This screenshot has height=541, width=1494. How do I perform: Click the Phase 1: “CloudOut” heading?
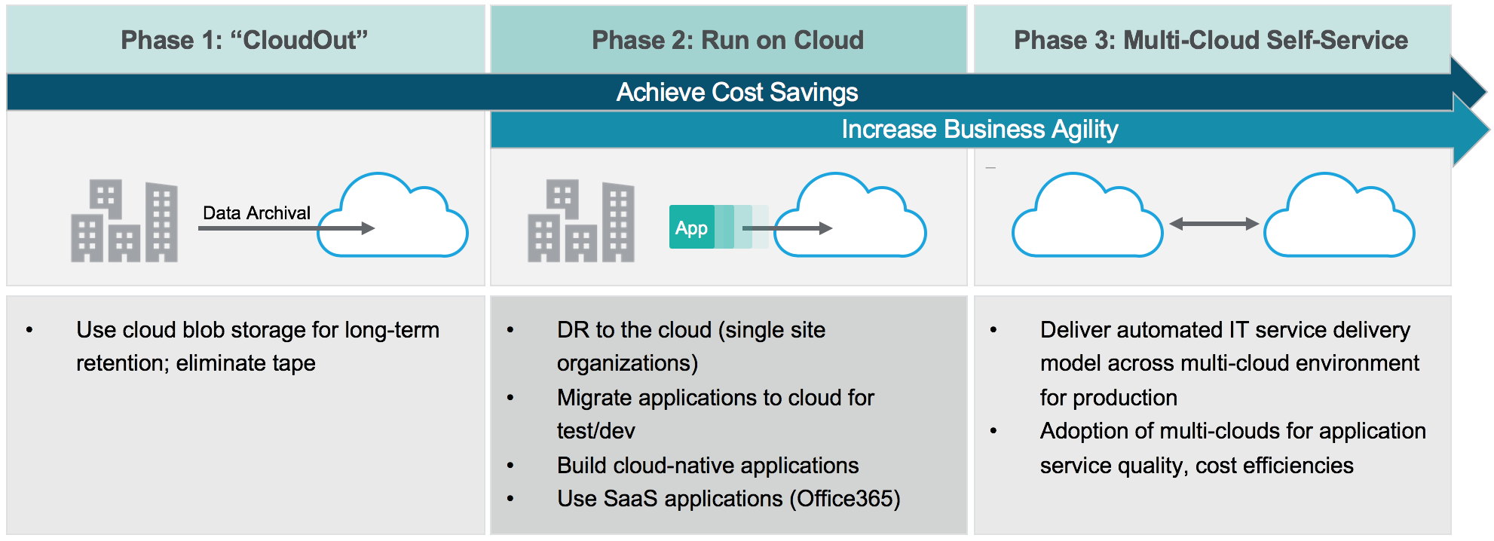244,40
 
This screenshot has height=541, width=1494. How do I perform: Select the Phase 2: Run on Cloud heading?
727,40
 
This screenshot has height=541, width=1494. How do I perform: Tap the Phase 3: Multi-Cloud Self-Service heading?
1211,40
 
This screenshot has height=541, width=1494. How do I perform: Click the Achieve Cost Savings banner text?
736,92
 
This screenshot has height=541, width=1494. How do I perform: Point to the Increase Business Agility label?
979,129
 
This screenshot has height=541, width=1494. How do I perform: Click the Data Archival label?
256,212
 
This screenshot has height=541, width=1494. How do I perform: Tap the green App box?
691,227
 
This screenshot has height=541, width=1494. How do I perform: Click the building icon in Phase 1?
124,221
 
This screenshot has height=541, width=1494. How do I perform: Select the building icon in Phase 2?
581,221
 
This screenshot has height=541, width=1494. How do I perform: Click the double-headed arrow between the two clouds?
1214,224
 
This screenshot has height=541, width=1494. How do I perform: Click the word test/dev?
595,431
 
